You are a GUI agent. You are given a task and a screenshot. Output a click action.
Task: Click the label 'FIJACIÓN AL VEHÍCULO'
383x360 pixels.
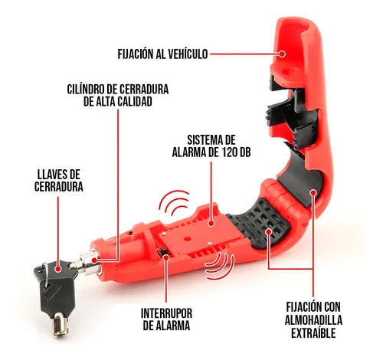[162, 54]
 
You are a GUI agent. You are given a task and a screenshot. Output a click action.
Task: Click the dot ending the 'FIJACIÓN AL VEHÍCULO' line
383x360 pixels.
[281, 54]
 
